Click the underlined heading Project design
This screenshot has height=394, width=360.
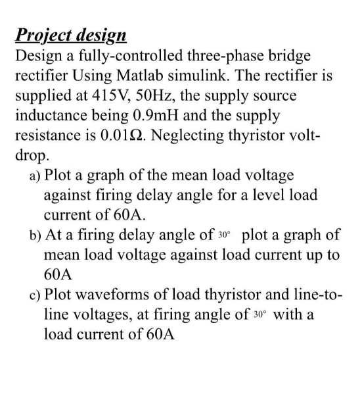click(72, 35)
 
